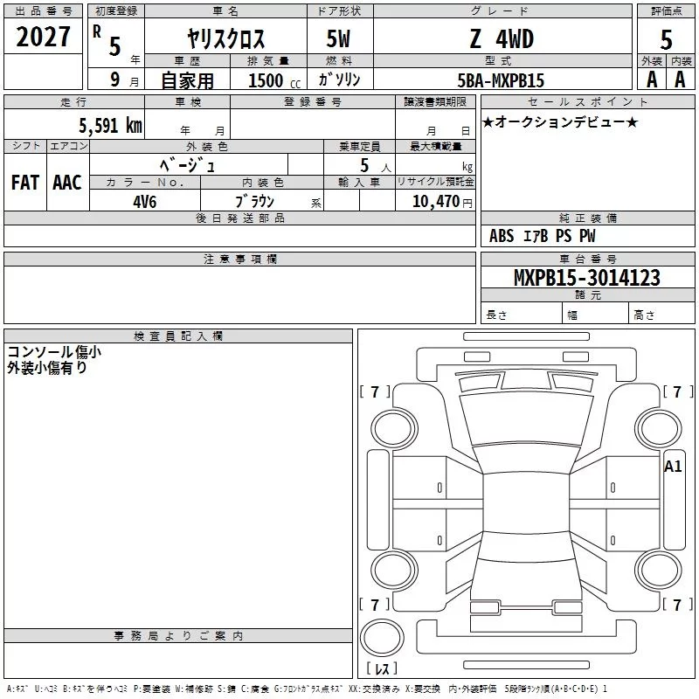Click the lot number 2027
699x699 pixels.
(43, 37)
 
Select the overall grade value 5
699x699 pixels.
(666, 40)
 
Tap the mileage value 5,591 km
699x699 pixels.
(111, 126)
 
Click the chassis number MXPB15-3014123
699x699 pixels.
(587, 278)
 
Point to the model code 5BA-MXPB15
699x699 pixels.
(501, 80)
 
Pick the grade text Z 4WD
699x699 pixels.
(502, 39)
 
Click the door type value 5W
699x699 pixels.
(338, 39)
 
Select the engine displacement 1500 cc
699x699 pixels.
(274, 80)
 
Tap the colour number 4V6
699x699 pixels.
(145, 202)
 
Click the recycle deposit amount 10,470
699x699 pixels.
(436, 202)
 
